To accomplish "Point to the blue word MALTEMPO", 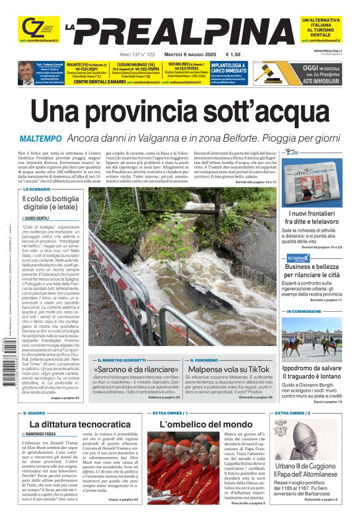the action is (x=40, y=138).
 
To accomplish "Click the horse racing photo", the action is (x=311, y=338).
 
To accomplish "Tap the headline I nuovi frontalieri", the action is (x=312, y=217).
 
